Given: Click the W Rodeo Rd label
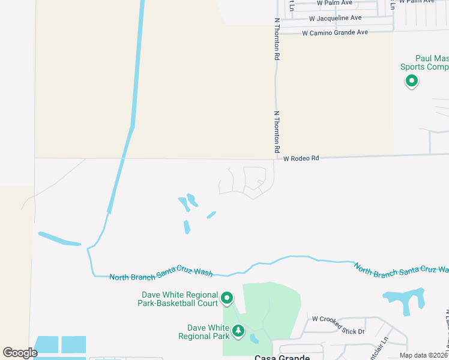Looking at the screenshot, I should pos(301,158).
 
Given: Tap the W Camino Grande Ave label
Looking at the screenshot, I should pos(334,32).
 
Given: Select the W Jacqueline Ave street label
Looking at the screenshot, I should pos(331,18).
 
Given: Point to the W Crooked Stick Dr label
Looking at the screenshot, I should pos(337,331).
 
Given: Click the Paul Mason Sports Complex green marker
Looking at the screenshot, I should pos(412,81).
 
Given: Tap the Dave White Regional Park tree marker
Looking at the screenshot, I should pos(238,331).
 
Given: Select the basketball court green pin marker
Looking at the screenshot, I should pos(227,298).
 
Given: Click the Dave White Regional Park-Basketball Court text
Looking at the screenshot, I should pos(179,299).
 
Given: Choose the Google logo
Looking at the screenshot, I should pos(20,353).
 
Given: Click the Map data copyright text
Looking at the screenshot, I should pos(423,355).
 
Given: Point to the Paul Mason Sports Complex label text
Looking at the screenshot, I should pos(424,62).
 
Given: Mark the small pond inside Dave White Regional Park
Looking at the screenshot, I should pos(255,339).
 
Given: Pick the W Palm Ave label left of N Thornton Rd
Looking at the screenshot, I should pos(335,3).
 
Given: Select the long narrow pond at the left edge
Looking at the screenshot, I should pos(59,239).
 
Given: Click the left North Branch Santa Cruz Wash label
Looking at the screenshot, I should pos(161,275).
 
